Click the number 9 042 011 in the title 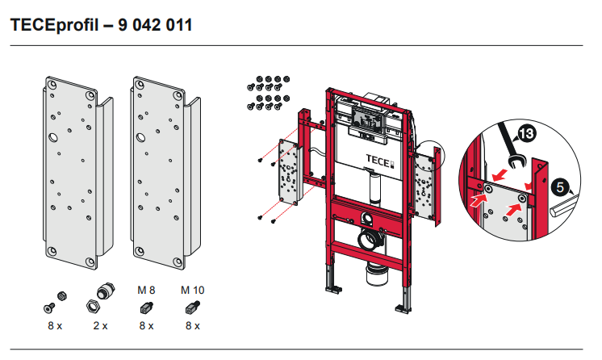[x=155, y=25]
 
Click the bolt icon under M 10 [x=191, y=307]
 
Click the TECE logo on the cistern [x=380, y=159]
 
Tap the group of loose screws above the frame [x=268, y=92]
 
